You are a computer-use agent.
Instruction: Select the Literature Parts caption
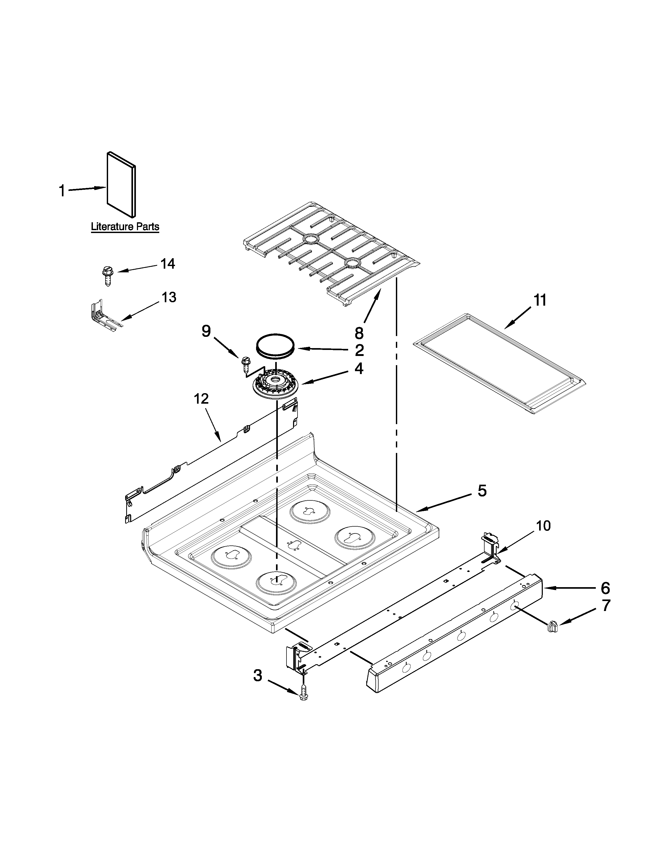pos(125,227)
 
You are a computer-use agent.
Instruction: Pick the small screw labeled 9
pos(245,363)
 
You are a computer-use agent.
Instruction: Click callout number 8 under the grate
pos(359,333)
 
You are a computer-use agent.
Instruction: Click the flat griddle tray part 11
pos(499,363)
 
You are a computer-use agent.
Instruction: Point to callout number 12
pos(201,399)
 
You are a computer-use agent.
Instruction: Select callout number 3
pos(258,676)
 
